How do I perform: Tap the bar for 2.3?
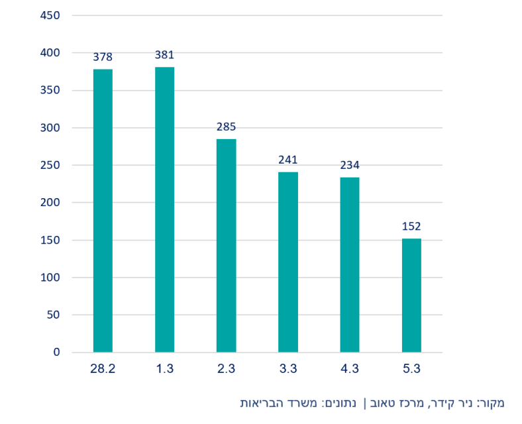(x=226, y=245)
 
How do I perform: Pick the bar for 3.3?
(x=288, y=262)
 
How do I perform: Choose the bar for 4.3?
(x=350, y=264)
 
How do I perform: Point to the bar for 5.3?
(x=411, y=295)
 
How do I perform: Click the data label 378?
(x=103, y=58)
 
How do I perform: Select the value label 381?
(x=164, y=55)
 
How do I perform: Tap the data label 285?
(x=226, y=127)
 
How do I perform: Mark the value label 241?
(x=288, y=160)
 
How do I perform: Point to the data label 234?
(x=350, y=165)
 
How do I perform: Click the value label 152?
(x=411, y=227)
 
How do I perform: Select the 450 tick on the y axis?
(x=51, y=15)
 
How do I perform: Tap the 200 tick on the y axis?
(x=51, y=203)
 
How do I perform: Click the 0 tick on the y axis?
(x=56, y=352)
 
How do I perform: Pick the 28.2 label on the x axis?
(x=103, y=370)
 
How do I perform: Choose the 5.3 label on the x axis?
(x=411, y=370)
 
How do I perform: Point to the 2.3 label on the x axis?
(x=226, y=370)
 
